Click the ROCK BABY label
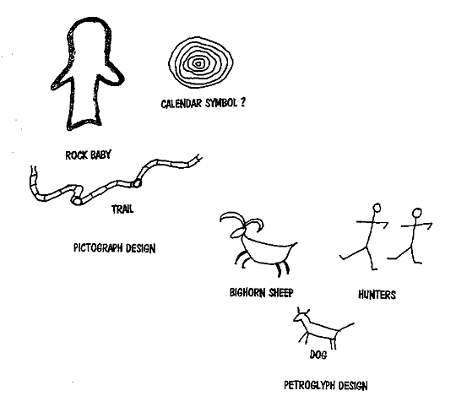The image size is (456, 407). tap(88, 155)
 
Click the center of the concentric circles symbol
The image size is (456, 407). tap(198, 63)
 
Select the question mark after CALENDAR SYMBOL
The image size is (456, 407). tap(242, 102)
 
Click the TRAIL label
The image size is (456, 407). tap(122, 209)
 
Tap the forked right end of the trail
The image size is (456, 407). tap(198, 158)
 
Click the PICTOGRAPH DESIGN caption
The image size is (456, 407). tap(114, 248)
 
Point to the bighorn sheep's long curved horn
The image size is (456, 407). tap(232, 217)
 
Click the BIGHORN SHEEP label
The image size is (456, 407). tap(262, 292)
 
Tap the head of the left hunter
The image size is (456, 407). tap(377, 208)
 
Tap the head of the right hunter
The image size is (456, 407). tap(417, 213)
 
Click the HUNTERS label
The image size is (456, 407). tap(377, 295)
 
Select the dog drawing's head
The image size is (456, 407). tap(301, 316)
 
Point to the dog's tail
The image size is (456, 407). tap(346, 327)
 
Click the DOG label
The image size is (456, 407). tap(318, 355)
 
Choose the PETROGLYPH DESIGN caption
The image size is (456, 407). tap(326, 386)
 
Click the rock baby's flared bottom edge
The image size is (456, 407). tap(84, 123)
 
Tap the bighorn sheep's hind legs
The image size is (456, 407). tap(283, 269)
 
